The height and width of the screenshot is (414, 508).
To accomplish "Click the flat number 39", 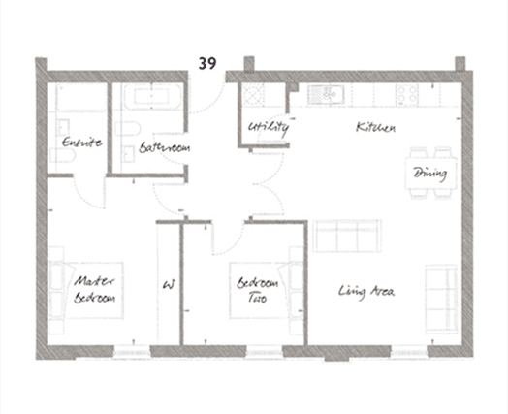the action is coord(207,63).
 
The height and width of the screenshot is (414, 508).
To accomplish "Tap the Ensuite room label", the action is coord(82,142).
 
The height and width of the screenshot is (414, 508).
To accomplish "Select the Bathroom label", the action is coord(165,147).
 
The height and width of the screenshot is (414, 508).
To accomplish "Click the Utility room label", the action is coord(269,127).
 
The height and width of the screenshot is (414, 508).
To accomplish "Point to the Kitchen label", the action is coord(376,127).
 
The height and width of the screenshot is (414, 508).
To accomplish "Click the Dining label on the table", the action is coord(430,173).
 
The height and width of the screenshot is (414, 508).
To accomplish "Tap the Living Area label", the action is coord(366,291).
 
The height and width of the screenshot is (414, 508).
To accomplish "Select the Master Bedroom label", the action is coord(94,289).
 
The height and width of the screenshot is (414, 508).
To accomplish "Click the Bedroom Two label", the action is coord(258,289).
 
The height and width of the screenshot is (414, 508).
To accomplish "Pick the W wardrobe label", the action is coord(169,284).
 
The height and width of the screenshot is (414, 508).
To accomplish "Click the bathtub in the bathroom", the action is coord(152,96).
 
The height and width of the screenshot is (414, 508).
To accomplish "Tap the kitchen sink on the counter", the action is coord(326,94).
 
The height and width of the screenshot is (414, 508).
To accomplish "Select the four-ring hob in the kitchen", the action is coord(407,94).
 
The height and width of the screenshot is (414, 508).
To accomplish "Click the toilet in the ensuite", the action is coord(63,155).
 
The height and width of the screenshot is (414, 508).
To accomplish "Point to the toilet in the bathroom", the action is coord(128,129).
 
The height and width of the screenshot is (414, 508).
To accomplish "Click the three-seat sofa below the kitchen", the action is coord(347,236).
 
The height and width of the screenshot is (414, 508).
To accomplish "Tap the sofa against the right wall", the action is coord(441,299).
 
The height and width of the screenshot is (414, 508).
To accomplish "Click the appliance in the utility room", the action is coord(254,94).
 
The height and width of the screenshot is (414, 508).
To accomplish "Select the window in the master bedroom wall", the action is coord(132,352).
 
